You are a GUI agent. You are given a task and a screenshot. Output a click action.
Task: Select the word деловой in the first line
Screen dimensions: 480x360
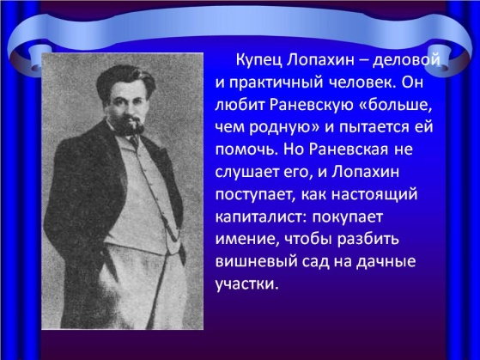[x=407, y=61]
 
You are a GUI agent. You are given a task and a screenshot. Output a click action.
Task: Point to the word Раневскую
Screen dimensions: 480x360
[x=310, y=106]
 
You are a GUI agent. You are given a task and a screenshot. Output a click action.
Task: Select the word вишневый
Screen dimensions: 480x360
[x=255, y=261]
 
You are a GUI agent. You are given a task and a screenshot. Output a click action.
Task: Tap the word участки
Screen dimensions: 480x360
[x=247, y=284]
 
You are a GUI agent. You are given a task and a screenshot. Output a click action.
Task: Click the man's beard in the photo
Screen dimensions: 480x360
[x=131, y=126]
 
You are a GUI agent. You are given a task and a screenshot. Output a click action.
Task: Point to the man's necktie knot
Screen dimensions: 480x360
[x=133, y=141]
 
